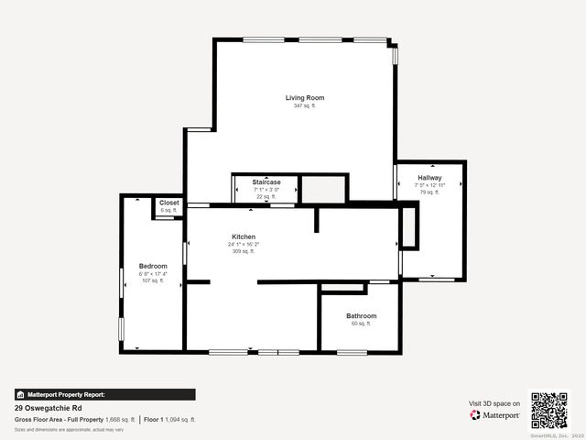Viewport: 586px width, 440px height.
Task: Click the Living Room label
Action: point(304,97)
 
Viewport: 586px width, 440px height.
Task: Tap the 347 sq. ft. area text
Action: point(304,106)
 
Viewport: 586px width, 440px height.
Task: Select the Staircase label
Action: point(266,182)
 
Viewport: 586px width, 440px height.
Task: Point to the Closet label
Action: point(169,203)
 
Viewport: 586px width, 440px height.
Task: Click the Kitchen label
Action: point(243,236)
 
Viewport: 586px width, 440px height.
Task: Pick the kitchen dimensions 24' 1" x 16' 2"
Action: point(245,244)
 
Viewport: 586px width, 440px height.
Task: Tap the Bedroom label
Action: point(153,266)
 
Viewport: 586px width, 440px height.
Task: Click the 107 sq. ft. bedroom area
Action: point(153,280)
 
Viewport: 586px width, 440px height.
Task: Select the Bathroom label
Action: point(361,316)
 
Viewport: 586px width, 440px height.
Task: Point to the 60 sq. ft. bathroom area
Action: point(361,324)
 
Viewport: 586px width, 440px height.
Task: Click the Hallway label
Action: point(429,178)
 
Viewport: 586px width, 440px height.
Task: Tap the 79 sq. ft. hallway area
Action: point(429,192)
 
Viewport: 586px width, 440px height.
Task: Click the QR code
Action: point(549,410)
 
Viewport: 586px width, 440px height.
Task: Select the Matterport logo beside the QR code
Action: point(495,415)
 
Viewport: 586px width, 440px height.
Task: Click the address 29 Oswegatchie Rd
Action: point(47,408)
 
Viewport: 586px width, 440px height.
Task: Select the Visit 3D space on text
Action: point(494,403)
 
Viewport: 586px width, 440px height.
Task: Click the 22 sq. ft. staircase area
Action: point(266,197)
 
